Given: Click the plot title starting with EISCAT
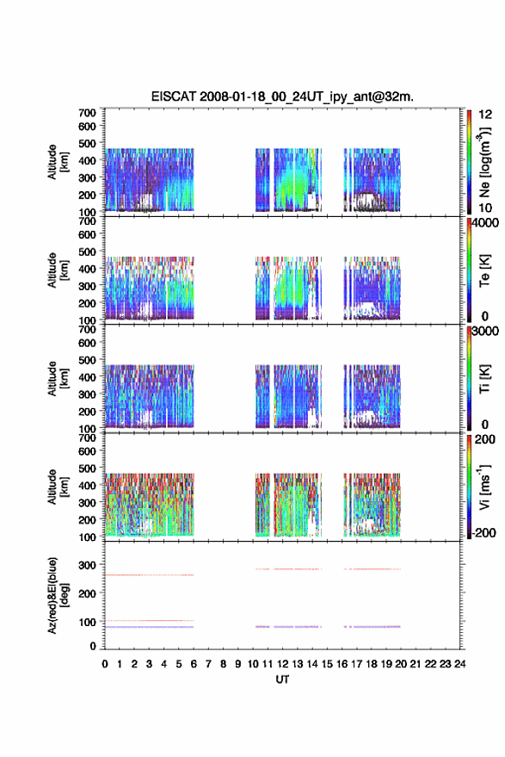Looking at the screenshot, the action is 282,96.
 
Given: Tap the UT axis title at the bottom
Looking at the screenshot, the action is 282,679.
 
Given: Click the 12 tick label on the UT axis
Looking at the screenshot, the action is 283,664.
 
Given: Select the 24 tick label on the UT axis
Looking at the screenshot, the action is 459,664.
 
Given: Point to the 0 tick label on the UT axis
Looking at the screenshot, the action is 105,664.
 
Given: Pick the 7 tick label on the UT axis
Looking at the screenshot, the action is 208,664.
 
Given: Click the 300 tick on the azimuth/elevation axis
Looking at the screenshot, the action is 87,565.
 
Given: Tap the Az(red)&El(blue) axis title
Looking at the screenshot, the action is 57,595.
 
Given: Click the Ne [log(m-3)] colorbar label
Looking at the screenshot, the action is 484,162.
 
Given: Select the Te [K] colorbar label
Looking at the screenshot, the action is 484,270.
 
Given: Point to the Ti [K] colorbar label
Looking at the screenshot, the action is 484,379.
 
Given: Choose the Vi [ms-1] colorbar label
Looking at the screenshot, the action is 484,487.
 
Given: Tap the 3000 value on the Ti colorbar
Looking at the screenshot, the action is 484,332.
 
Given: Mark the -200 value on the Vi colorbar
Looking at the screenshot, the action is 483,532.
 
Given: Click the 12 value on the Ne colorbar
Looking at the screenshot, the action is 485,115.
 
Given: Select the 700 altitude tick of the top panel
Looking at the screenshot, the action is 87,113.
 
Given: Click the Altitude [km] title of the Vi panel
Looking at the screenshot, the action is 58,487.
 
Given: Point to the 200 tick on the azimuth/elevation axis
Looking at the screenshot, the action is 87,593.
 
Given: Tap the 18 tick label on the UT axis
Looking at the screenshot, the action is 372,664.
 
